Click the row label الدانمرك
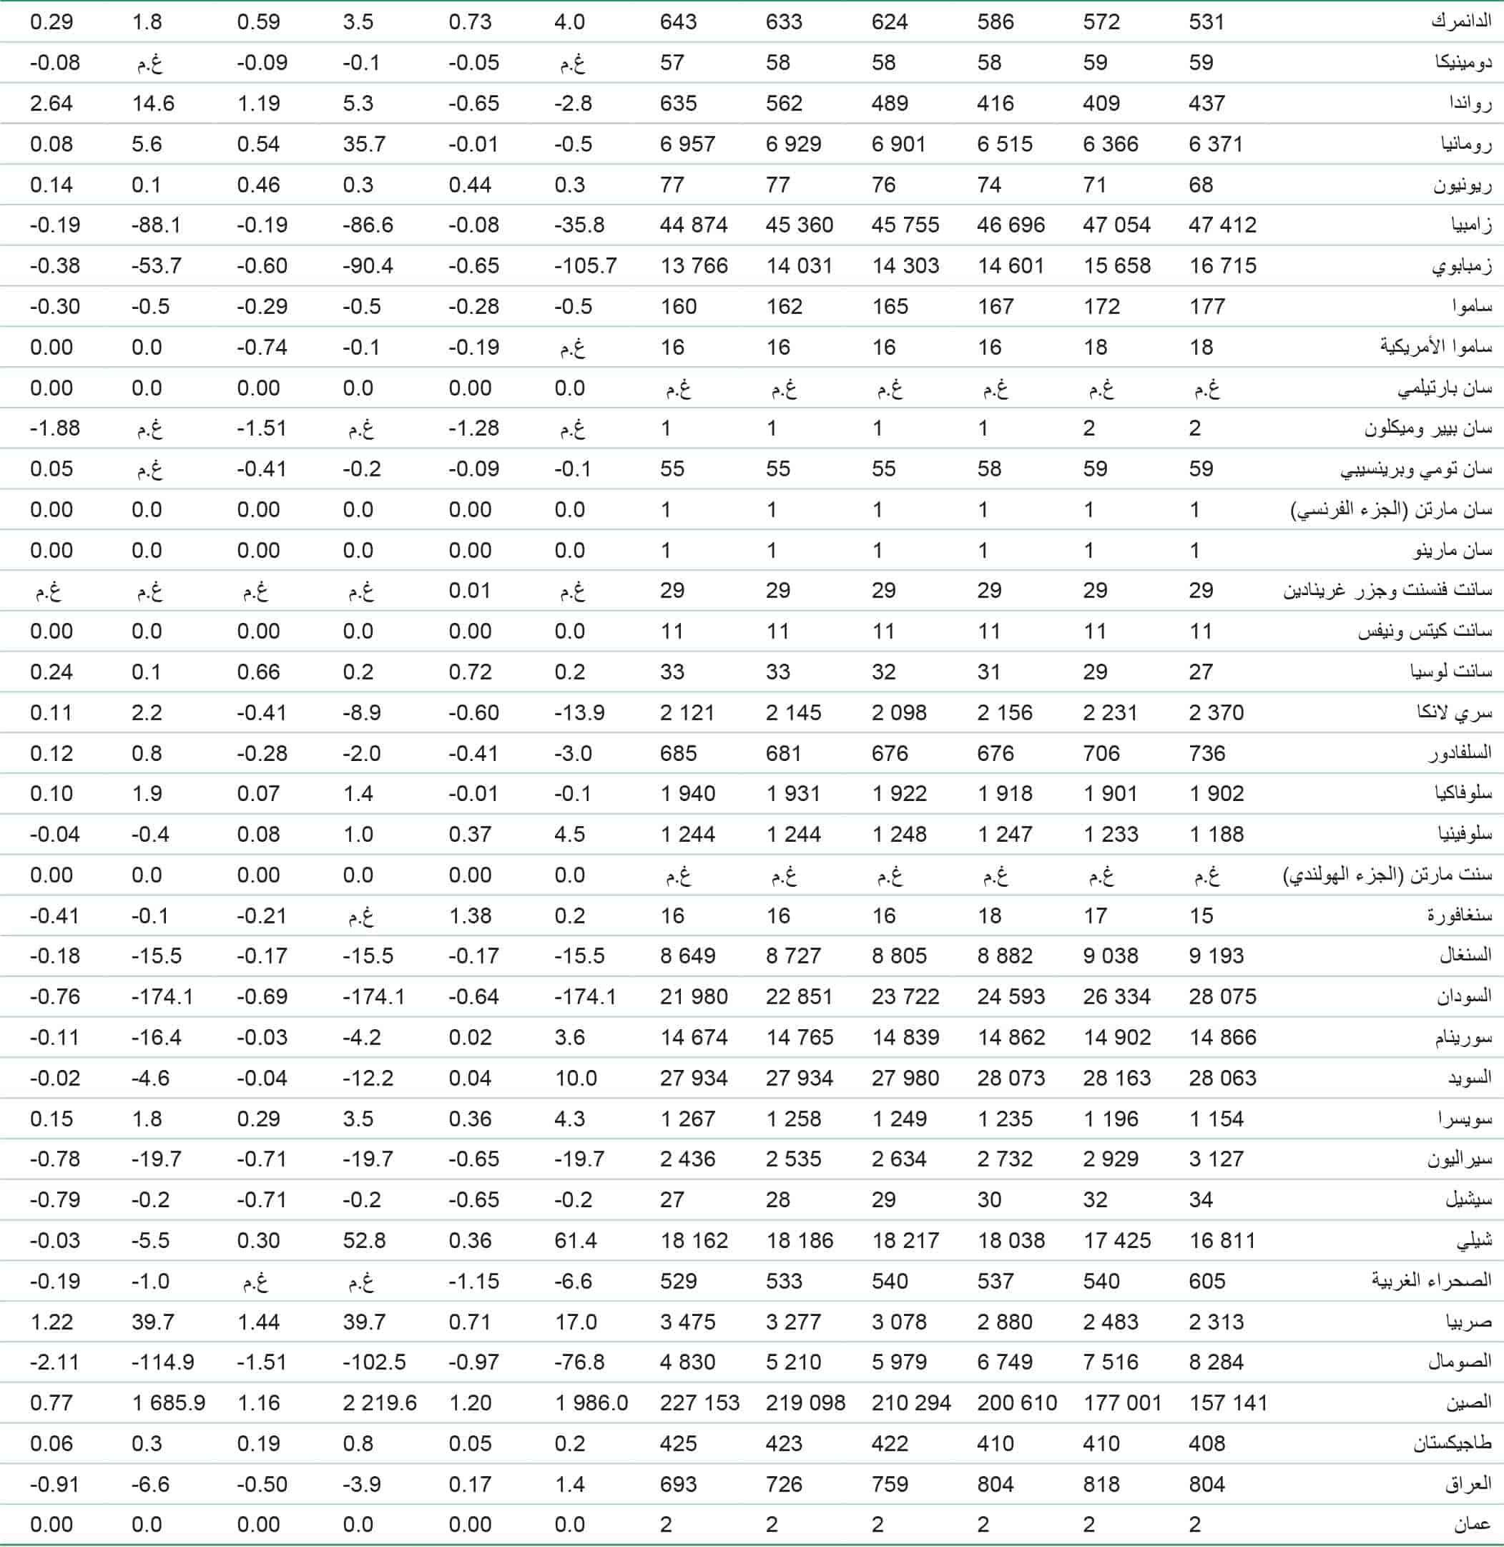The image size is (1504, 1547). (x=1460, y=22)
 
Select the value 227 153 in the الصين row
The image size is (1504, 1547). (x=699, y=1403)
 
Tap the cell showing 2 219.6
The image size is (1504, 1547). (x=379, y=1403)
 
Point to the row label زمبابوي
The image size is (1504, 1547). (x=1461, y=266)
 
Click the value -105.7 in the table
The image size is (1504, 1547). (x=585, y=265)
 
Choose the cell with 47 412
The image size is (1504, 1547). (x=1222, y=225)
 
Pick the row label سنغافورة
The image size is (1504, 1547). (x=1459, y=915)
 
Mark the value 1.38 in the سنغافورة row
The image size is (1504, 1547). (x=470, y=915)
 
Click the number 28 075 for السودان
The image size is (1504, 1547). (x=1222, y=996)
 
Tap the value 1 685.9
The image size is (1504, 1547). (x=168, y=1403)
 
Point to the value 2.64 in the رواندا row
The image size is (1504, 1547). (x=51, y=104)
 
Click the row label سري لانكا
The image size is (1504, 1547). (x=1454, y=712)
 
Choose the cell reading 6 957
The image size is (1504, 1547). (x=687, y=144)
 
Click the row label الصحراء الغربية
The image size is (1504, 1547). (x=1431, y=1281)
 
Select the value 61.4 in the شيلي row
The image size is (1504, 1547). (x=575, y=1240)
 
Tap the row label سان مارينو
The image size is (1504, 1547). (x=1453, y=551)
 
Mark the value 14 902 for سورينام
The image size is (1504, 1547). (x=1116, y=1037)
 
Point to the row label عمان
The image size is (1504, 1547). (x=1472, y=1524)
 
